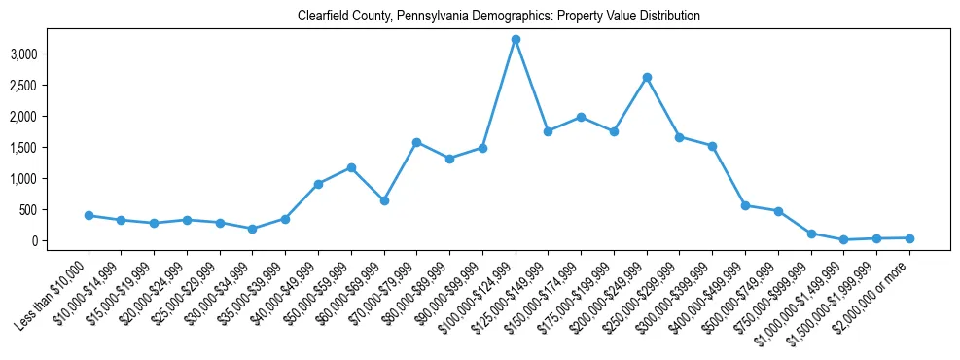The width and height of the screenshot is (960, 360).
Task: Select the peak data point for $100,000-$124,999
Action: pos(516,39)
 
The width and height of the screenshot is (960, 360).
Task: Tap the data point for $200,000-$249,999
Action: pos(647,77)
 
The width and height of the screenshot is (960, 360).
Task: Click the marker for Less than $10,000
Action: pos(89,215)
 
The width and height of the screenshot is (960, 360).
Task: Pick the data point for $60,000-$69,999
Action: pos(384,200)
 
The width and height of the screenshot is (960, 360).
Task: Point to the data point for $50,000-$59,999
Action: pos(351,167)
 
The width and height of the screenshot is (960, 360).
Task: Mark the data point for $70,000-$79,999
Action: pos(416,142)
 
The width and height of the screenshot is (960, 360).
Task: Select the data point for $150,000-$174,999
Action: pos(581,117)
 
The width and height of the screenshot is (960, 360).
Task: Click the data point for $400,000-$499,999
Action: pos(745,205)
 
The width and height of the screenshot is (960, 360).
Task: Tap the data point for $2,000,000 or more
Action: pos(909,238)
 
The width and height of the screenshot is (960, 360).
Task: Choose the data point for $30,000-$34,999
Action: pos(252,229)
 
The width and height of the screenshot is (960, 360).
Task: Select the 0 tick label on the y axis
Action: pos(60,241)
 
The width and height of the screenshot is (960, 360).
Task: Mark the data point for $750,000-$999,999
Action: pos(811,234)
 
